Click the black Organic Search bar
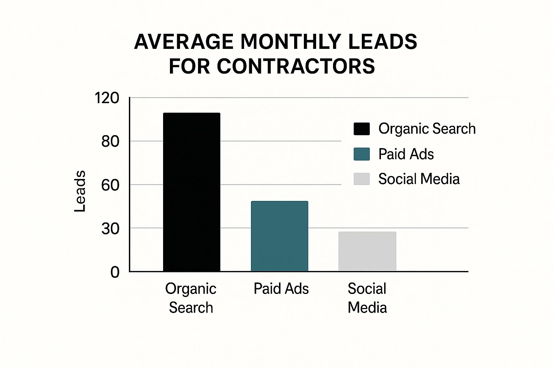coord(192,192)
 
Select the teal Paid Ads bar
coord(279,236)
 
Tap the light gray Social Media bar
coord(367,251)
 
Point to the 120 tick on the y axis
coord(107,98)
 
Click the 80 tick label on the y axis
coord(110,142)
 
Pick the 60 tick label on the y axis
coord(110,185)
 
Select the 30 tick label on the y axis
coord(110,229)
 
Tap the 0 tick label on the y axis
coord(115,272)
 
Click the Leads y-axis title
coord(80,191)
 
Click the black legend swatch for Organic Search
coord(361,129)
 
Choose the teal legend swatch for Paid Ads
coord(361,154)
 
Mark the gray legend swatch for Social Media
coord(361,179)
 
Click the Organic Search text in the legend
coord(427,129)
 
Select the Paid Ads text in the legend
coord(406,154)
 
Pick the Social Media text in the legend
coord(419,179)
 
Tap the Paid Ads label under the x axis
coord(281,289)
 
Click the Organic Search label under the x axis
coord(191,298)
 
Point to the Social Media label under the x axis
coord(367,298)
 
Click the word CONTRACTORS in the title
coord(296,66)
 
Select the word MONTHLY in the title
coord(291,42)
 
